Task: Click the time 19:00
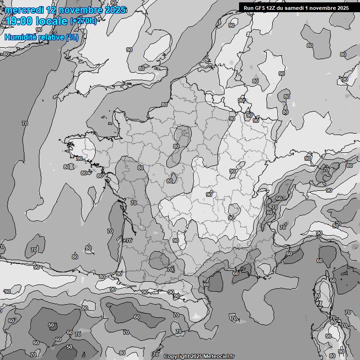pos(18,21)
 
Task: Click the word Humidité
pos(19,37)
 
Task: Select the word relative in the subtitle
pos(49,37)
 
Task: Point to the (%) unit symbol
pos(72,37)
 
